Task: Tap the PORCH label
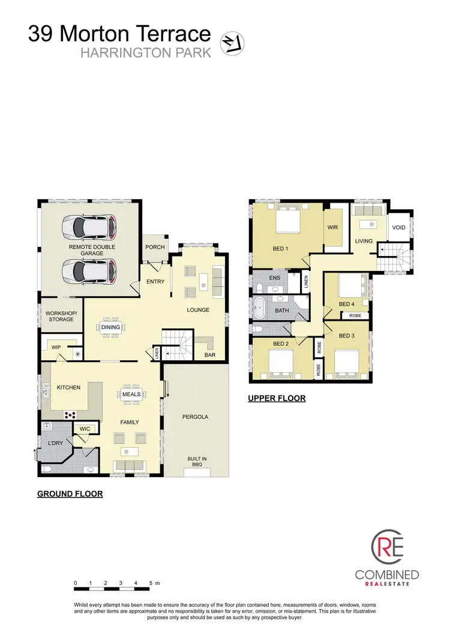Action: pyautogui.click(x=155, y=247)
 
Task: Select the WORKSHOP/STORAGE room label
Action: pyautogui.click(x=61, y=316)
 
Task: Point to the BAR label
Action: pyautogui.click(x=210, y=355)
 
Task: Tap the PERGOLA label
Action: pyautogui.click(x=196, y=417)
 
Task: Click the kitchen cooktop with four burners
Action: pyautogui.click(x=71, y=414)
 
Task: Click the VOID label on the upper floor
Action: pyautogui.click(x=398, y=228)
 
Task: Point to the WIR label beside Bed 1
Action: pyautogui.click(x=333, y=228)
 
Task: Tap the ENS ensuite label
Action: pyautogui.click(x=274, y=278)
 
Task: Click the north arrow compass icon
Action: pyautogui.click(x=233, y=43)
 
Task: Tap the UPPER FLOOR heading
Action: pyautogui.click(x=277, y=398)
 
